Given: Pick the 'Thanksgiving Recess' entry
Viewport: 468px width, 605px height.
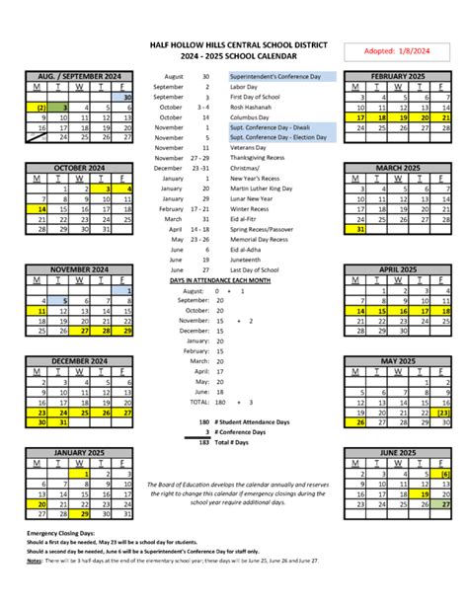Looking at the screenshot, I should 260,158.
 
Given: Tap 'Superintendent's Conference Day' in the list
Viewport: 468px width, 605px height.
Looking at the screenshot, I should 281,76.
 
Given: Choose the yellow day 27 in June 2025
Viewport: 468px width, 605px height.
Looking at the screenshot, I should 446,504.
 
